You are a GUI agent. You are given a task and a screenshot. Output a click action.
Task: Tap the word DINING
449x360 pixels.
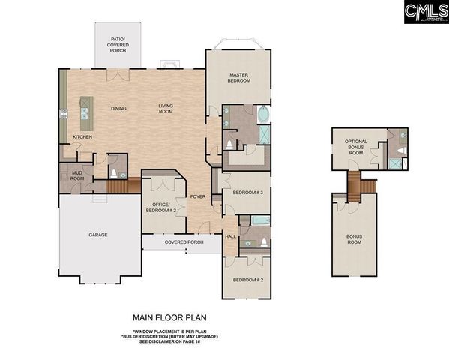pos(118,109)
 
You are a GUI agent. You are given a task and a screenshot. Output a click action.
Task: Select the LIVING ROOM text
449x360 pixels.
pos(166,109)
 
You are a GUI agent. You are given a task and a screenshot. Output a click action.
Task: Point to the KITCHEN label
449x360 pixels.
pos(82,137)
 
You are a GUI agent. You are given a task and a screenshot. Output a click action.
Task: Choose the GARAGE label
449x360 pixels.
pos(98,235)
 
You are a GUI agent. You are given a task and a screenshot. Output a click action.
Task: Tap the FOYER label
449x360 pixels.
pos(198,196)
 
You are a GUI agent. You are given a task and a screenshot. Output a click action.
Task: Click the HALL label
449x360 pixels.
pos(229,236)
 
